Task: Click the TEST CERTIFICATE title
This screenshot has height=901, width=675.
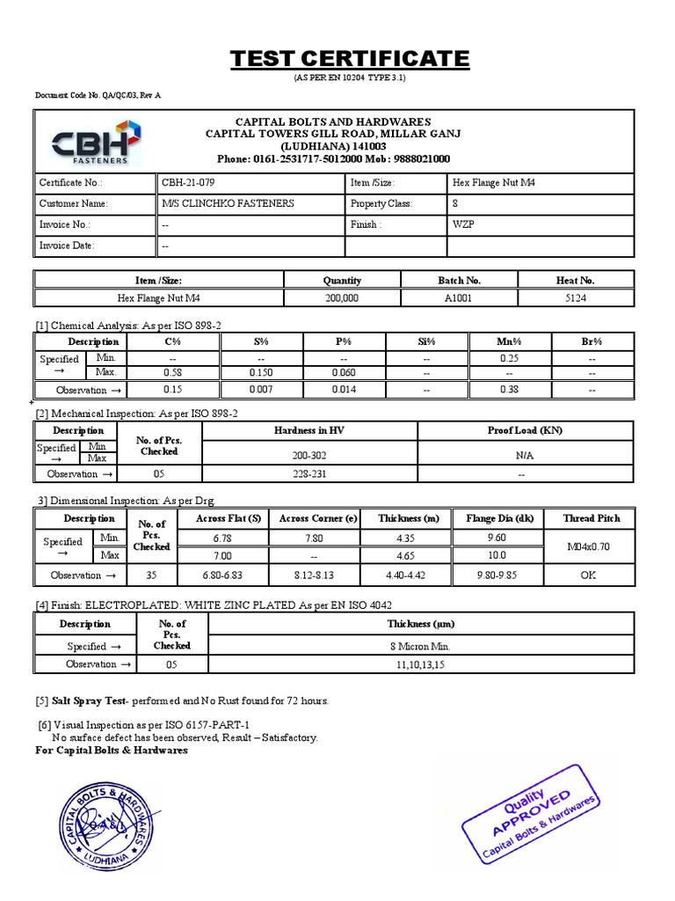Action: pos(350,59)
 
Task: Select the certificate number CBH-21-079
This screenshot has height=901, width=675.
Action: pos(188,183)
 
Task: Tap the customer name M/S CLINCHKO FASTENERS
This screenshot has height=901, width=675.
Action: pos(228,203)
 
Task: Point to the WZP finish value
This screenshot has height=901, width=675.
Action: pos(464,224)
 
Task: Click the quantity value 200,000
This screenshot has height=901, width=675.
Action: pos(342,298)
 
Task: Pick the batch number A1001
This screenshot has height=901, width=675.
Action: pos(459,298)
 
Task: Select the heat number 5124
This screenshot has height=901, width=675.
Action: pos(576,298)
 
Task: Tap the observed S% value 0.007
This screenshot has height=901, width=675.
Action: pos(262,390)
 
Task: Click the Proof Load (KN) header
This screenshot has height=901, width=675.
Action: pos(525,430)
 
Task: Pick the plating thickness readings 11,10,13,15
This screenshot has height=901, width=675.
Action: pos(420,665)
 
